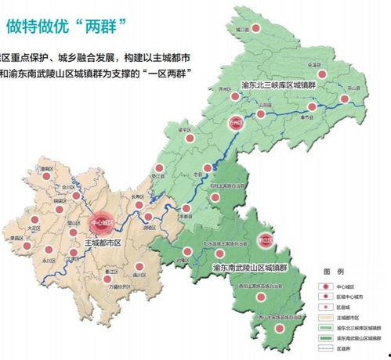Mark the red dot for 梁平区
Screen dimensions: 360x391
point(189,137)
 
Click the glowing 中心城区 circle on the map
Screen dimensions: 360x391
point(101,223)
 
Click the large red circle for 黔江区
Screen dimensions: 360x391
point(266,239)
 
